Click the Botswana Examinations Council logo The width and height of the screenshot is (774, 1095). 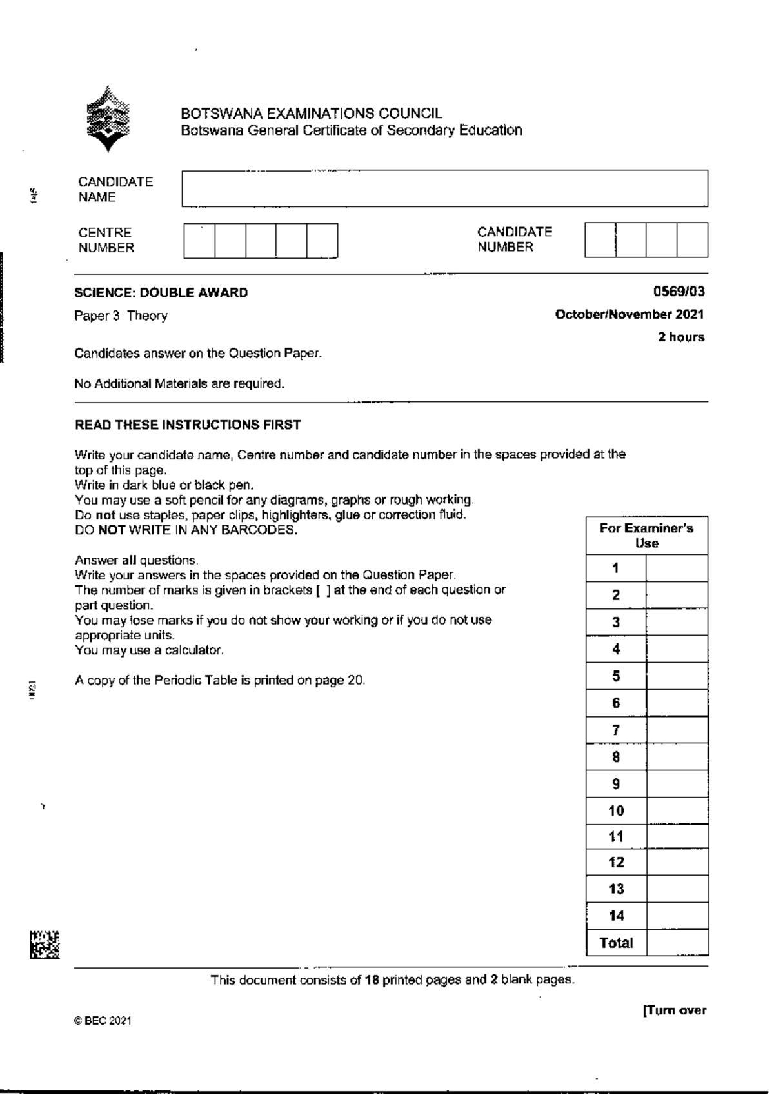(x=108, y=119)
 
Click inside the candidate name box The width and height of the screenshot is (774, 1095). (x=444, y=188)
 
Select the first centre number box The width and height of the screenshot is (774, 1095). (x=199, y=241)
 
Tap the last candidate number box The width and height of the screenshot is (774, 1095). (x=692, y=240)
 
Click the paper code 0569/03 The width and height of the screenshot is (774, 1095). (x=679, y=292)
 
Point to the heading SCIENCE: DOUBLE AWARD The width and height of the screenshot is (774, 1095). (x=161, y=293)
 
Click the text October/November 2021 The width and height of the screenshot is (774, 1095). (x=630, y=315)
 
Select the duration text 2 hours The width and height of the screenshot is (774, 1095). (x=681, y=337)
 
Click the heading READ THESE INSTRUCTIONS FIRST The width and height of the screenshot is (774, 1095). (x=188, y=425)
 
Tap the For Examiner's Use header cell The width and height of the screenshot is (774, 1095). (x=647, y=536)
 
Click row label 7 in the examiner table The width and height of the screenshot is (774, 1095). (x=616, y=730)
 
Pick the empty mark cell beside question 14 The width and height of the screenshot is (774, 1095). (x=677, y=916)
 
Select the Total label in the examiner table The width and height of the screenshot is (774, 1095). (x=616, y=943)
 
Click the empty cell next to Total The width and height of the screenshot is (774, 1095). (x=677, y=943)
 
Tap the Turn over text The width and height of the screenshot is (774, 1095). (x=674, y=1010)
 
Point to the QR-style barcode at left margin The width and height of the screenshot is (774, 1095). (x=44, y=945)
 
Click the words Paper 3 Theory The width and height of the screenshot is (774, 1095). (x=121, y=316)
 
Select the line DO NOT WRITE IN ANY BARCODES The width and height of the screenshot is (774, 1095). (x=186, y=530)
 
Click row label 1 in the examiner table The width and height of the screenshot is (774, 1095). (x=616, y=568)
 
